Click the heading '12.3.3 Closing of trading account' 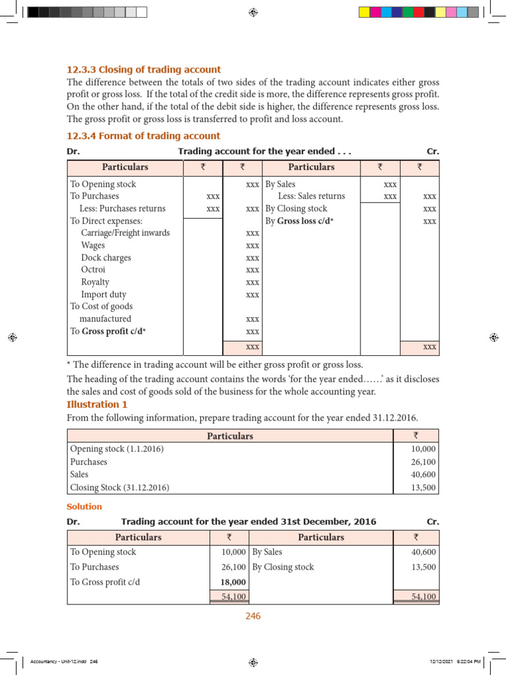[144, 70]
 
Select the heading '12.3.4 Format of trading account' [144, 136]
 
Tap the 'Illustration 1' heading [97, 405]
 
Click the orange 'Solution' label [84, 507]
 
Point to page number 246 [253, 616]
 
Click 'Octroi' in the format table [93, 270]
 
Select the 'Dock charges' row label [106, 258]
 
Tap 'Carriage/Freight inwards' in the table [125, 233]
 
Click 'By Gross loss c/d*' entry [299, 221]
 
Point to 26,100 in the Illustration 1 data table [423, 462]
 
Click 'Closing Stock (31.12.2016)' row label [119, 488]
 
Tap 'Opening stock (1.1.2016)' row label [117, 449]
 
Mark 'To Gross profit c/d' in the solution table [105, 583]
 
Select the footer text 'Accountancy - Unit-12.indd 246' [60, 662]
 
